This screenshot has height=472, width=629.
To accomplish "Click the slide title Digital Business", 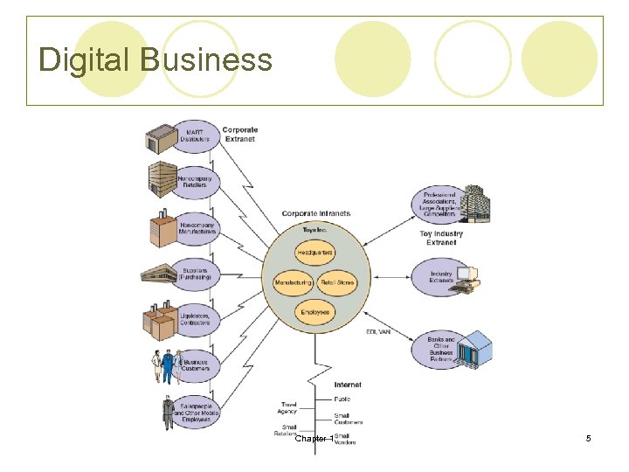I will pyautogui.click(x=156, y=60).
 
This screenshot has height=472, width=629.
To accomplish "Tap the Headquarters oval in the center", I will pyautogui.click(x=314, y=253).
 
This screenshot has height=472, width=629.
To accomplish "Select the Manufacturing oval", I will pyautogui.click(x=293, y=283).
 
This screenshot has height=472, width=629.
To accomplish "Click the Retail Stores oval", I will pyautogui.click(x=336, y=283).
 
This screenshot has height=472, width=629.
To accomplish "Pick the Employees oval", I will pyautogui.click(x=314, y=312).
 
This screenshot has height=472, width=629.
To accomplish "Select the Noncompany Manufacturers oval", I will pyautogui.click(x=197, y=228).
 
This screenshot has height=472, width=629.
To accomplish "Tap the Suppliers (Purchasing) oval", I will pyautogui.click(x=196, y=273).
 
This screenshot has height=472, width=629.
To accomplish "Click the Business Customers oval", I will pyautogui.click(x=196, y=364).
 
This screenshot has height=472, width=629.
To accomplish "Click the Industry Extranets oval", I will pyautogui.click(x=441, y=277).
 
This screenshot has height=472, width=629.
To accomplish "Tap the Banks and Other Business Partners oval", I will pyautogui.click(x=441, y=347).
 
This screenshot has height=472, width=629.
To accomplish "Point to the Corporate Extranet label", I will pyautogui.click(x=239, y=135).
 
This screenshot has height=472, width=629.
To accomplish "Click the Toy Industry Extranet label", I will pyautogui.click(x=441, y=238).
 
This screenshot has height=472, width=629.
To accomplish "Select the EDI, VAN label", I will pyautogui.click(x=378, y=331).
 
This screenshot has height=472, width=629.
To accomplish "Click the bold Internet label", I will pyautogui.click(x=347, y=385).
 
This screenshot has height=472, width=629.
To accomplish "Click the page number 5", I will pyautogui.click(x=588, y=438).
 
